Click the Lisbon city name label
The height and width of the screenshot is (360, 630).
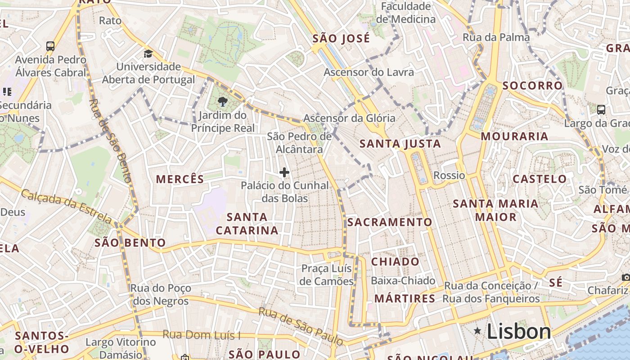(519, 332)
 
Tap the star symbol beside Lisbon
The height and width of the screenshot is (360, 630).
(477, 331)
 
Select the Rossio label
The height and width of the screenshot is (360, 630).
(449, 175)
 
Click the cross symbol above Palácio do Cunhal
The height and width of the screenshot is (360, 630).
(284, 172)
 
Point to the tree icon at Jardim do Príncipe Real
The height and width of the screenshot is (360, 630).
(222, 102)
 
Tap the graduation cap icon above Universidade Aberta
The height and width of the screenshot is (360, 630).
(148, 54)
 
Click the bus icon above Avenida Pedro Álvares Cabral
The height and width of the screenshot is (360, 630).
(50, 46)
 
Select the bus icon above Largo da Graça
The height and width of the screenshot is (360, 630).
(601, 109)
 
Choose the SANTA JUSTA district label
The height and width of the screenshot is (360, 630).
(400, 144)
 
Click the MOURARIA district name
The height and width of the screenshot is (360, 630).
(514, 136)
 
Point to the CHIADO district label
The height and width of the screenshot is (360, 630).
(395, 262)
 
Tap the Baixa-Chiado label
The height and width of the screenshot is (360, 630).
(403, 281)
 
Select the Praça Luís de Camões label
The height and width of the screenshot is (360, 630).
(327, 275)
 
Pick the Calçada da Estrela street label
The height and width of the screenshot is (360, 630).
(67, 206)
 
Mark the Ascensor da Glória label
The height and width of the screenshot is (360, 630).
(349, 118)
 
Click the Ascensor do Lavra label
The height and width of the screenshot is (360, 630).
(369, 72)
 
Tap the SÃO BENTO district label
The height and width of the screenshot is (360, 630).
(130, 243)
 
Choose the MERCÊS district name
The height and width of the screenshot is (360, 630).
(180, 179)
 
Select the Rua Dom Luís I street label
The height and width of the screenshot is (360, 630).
(202, 335)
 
